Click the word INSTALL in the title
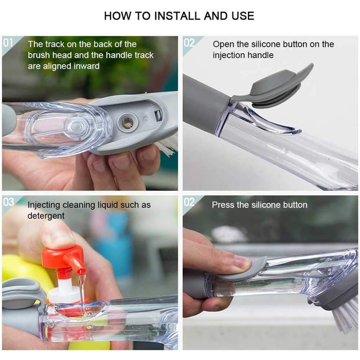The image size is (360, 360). pyautogui.click(x=178, y=16)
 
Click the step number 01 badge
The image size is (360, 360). pyautogui.click(x=8, y=43)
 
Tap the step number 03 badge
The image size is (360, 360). pyautogui.click(x=9, y=202)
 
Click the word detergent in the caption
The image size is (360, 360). pyautogui.click(x=46, y=216)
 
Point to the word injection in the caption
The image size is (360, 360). pyautogui.click(x=228, y=56)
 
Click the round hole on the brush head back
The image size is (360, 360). pyautogui.click(x=128, y=122)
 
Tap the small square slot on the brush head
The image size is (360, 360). pyautogui.click(x=158, y=115)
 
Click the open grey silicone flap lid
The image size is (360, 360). pyautogui.click(x=276, y=87)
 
